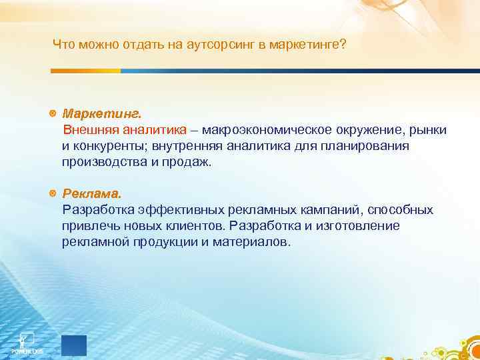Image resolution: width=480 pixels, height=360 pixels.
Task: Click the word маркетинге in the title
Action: pos(305,45)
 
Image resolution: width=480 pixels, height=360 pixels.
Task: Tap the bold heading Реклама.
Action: pos(92,194)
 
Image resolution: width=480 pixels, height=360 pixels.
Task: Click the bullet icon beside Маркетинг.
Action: pos(53,113)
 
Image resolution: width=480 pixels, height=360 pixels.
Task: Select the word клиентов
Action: pos(196,226)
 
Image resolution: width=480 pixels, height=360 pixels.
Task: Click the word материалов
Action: pos(251,242)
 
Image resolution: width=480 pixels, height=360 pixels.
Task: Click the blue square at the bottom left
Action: pos(74,345)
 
